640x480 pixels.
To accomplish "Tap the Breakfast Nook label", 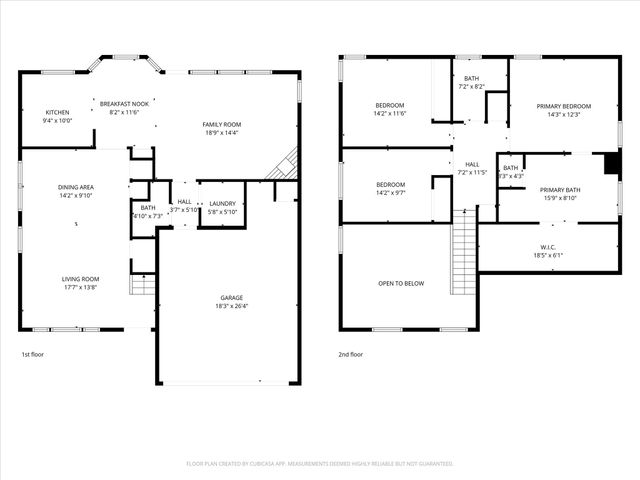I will [125, 104].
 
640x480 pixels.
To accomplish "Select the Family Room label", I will [222, 124].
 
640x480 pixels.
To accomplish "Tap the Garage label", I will [232, 298].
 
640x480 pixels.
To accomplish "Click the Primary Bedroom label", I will [563, 106].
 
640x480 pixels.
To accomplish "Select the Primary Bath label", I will [560, 189].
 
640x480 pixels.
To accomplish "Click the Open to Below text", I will [400, 283].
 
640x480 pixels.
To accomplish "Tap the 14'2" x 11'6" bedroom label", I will [390, 105].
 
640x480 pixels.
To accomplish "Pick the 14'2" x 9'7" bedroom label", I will [390, 184].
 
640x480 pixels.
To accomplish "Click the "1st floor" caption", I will [33, 354].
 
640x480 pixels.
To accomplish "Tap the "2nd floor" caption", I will [351, 354].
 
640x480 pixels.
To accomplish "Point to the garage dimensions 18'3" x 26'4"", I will [232, 306].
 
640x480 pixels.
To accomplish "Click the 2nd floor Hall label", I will [472, 165].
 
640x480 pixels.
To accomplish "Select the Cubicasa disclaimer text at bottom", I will [320, 463].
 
